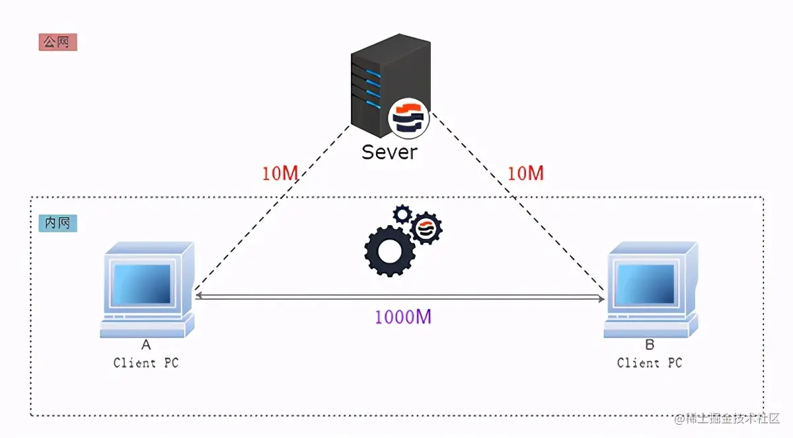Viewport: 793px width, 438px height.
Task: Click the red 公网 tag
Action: pyautogui.click(x=58, y=43)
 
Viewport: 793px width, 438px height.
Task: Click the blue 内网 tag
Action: pyautogui.click(x=58, y=224)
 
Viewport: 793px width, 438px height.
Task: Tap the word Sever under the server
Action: pyautogui.click(x=390, y=152)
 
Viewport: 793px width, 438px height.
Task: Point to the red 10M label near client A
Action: pyautogui.click(x=280, y=174)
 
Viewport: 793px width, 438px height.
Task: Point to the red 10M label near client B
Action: pyautogui.click(x=525, y=173)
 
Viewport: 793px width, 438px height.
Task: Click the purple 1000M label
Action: pyautogui.click(x=402, y=317)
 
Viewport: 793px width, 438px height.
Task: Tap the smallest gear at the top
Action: pyautogui.click(x=402, y=214)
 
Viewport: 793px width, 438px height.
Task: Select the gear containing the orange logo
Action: pyautogui.click(x=426, y=228)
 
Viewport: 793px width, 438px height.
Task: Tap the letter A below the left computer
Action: pyautogui.click(x=146, y=345)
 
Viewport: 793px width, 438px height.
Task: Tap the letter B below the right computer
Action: pyautogui.click(x=649, y=345)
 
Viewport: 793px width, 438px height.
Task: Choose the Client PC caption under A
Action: pyautogui.click(x=146, y=363)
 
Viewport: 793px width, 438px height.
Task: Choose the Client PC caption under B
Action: pyautogui.click(x=649, y=363)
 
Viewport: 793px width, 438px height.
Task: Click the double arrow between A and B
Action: pyautogui.click(x=400, y=298)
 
